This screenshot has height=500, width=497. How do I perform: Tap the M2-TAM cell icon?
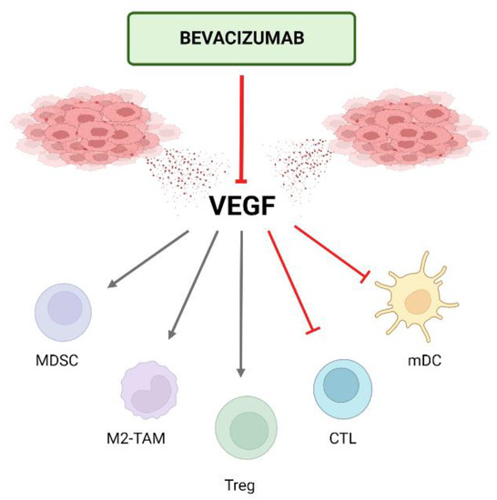[x=149, y=389]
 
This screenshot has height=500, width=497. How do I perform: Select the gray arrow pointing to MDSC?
[x=150, y=260]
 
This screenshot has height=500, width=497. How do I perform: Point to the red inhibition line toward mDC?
[x=330, y=255]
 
